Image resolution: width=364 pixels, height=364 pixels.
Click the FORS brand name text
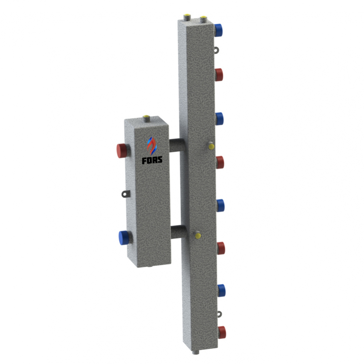pyautogui.click(x=152, y=160)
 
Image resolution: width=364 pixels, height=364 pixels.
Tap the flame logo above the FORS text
pyautogui.click(x=152, y=145)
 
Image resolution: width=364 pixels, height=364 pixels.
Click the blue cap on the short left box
pyautogui.click(x=124, y=238)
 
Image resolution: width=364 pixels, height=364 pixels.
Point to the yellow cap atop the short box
pyautogui.click(x=147, y=117)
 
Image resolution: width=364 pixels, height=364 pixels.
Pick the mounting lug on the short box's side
pyautogui.click(x=125, y=193)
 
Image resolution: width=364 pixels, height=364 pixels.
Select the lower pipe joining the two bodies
pyautogui.click(x=178, y=232)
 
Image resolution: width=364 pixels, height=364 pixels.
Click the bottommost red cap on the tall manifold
pyautogui.click(x=222, y=332)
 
